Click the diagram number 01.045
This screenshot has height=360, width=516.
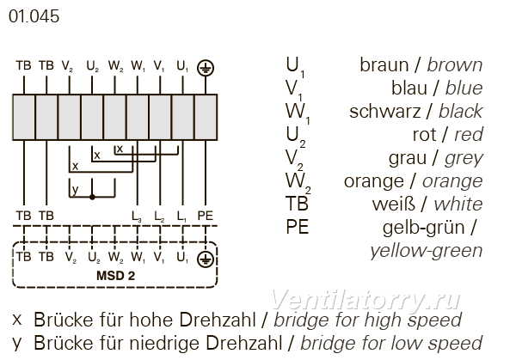pos(34,16)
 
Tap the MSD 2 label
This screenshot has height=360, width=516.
pos(115,276)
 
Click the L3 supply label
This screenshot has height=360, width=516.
pos(137,217)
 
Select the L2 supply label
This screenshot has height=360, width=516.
pos(159,217)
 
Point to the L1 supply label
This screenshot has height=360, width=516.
pos(182,217)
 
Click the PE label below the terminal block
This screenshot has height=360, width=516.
pos(206,216)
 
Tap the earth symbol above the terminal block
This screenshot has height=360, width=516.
pos(206,68)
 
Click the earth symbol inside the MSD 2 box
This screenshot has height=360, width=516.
pos(206,259)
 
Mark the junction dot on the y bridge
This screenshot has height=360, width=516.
pos(92,197)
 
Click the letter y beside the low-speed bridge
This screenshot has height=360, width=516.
pos(75,189)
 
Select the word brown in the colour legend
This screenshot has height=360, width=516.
pos(455,65)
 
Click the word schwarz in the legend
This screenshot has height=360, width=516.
pos(384,112)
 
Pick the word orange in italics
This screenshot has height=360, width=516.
pos(452,181)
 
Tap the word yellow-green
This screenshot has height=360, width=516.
pos(427,251)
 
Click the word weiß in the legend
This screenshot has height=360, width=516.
pos(394,204)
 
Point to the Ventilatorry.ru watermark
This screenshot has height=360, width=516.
pos(365,300)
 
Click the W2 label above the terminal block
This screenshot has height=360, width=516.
pos(115,66)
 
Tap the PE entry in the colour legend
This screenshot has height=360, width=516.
pos(298,227)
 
